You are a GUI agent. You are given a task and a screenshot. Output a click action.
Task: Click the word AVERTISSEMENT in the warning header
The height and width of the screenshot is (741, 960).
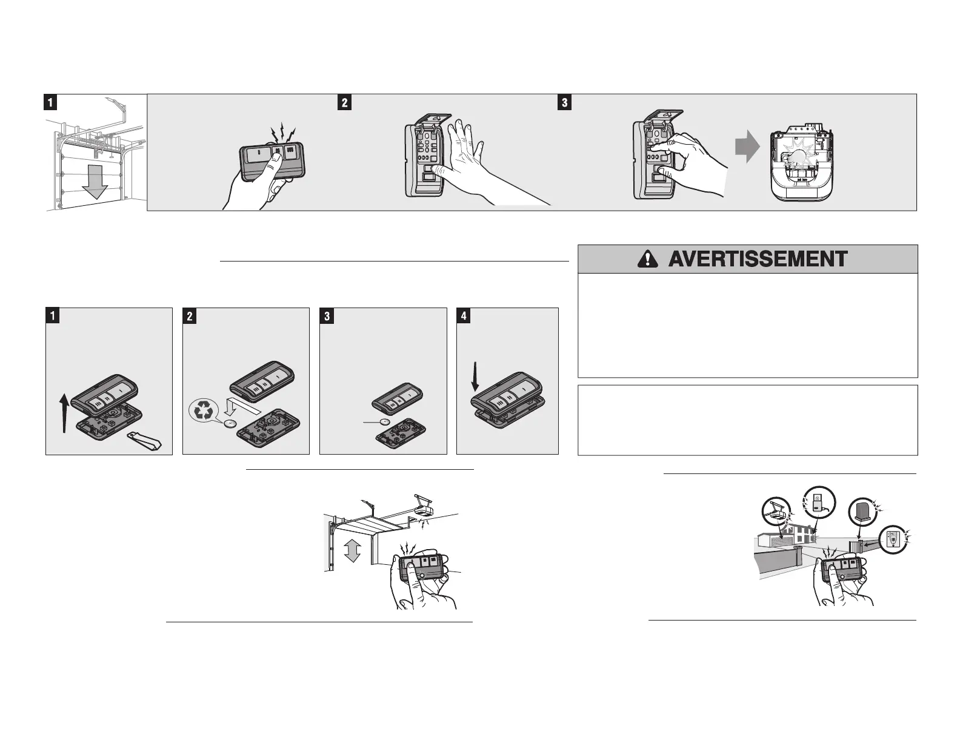(x=758, y=259)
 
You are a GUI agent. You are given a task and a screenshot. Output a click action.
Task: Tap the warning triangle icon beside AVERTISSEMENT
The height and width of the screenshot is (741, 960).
(x=647, y=259)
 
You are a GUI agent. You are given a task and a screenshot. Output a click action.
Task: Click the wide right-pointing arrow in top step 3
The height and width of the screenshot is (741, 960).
(x=748, y=149)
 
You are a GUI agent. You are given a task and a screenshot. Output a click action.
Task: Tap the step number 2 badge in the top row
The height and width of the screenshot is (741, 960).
(x=344, y=102)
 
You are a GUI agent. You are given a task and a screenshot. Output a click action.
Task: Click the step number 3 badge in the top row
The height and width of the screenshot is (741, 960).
(x=564, y=102)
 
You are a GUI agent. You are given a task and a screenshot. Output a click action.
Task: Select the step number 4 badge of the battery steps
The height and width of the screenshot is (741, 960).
(x=464, y=316)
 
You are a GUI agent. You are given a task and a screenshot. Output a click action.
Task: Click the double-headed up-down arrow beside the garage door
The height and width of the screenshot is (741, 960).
(x=352, y=552)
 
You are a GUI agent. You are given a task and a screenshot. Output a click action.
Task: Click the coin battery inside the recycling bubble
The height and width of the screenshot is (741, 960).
(x=230, y=424)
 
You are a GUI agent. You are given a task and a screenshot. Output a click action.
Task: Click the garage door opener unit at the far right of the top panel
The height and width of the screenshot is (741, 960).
(x=801, y=164)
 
